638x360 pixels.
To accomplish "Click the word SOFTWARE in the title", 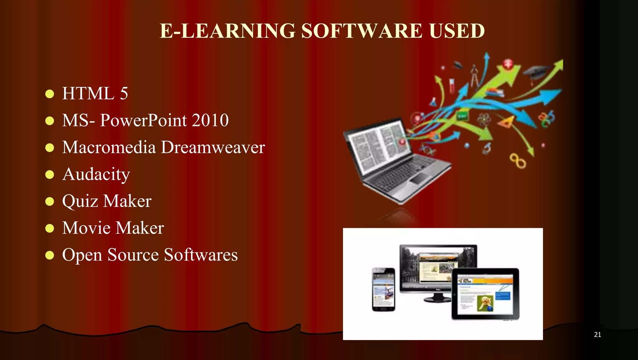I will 361,31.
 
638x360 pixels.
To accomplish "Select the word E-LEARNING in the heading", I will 227,31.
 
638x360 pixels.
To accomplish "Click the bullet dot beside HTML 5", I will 50,94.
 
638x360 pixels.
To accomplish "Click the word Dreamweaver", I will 213,147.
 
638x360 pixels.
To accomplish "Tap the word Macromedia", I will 109,147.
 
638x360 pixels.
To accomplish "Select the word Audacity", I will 96,174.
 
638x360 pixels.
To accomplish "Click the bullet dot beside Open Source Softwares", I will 50,255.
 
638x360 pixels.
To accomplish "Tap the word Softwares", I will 201,255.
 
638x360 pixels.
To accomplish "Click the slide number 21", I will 597,334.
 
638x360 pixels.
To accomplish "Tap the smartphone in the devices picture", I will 383,289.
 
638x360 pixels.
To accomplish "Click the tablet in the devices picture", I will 485,294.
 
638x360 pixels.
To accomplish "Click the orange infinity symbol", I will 517,161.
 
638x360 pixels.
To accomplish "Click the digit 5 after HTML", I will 124,94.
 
